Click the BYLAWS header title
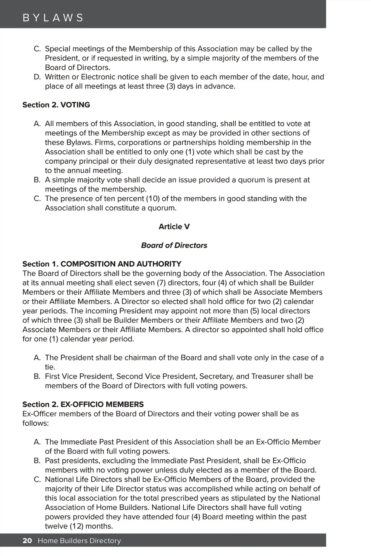(x=53, y=18)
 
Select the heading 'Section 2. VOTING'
(x=56, y=105)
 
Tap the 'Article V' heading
(x=174, y=226)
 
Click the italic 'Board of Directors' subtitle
(x=174, y=245)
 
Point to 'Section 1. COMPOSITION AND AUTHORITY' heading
(x=102, y=264)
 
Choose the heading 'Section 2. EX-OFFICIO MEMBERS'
(x=83, y=404)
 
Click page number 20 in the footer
(x=27, y=541)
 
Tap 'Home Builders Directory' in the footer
(x=79, y=541)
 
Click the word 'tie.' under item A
(x=50, y=367)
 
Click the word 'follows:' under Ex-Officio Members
(x=36, y=423)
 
